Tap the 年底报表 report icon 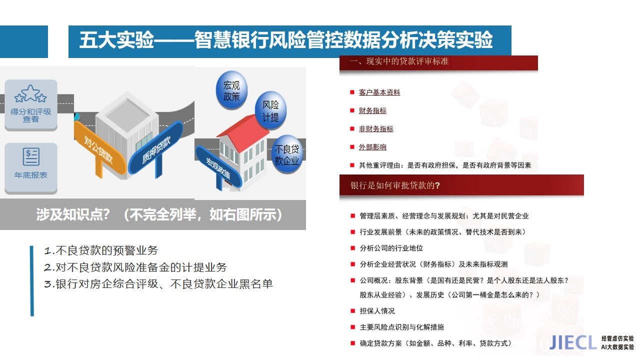click(31, 156)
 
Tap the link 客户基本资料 click(379, 92)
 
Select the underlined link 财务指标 click(372, 110)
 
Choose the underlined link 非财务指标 click(376, 129)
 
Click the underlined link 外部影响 click(372, 147)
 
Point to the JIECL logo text click(573, 342)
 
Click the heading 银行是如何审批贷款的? click(395, 185)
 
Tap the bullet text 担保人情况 click(377, 311)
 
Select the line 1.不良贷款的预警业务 click(101, 250)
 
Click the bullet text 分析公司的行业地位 click(391, 248)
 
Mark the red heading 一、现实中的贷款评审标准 click(399, 61)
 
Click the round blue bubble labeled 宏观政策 click(231, 90)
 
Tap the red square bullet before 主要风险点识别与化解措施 click(352, 327)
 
